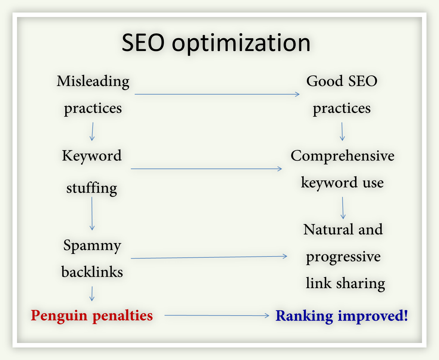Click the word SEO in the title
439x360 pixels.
(x=143, y=43)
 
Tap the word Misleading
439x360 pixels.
(x=93, y=81)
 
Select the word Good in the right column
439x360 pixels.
(x=325, y=81)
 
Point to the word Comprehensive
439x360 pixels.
(x=342, y=156)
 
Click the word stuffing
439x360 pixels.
(x=92, y=189)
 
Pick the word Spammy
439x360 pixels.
(x=92, y=246)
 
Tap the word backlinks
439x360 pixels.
(x=92, y=272)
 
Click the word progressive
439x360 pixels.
(x=343, y=257)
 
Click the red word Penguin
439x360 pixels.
(x=59, y=316)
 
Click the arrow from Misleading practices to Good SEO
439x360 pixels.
(x=217, y=94)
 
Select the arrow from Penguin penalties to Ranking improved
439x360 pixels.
(x=217, y=315)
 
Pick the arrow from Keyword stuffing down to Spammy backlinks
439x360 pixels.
(x=92, y=214)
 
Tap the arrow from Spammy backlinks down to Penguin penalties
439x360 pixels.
(x=92, y=293)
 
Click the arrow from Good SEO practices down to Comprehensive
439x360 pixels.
(x=342, y=131)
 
